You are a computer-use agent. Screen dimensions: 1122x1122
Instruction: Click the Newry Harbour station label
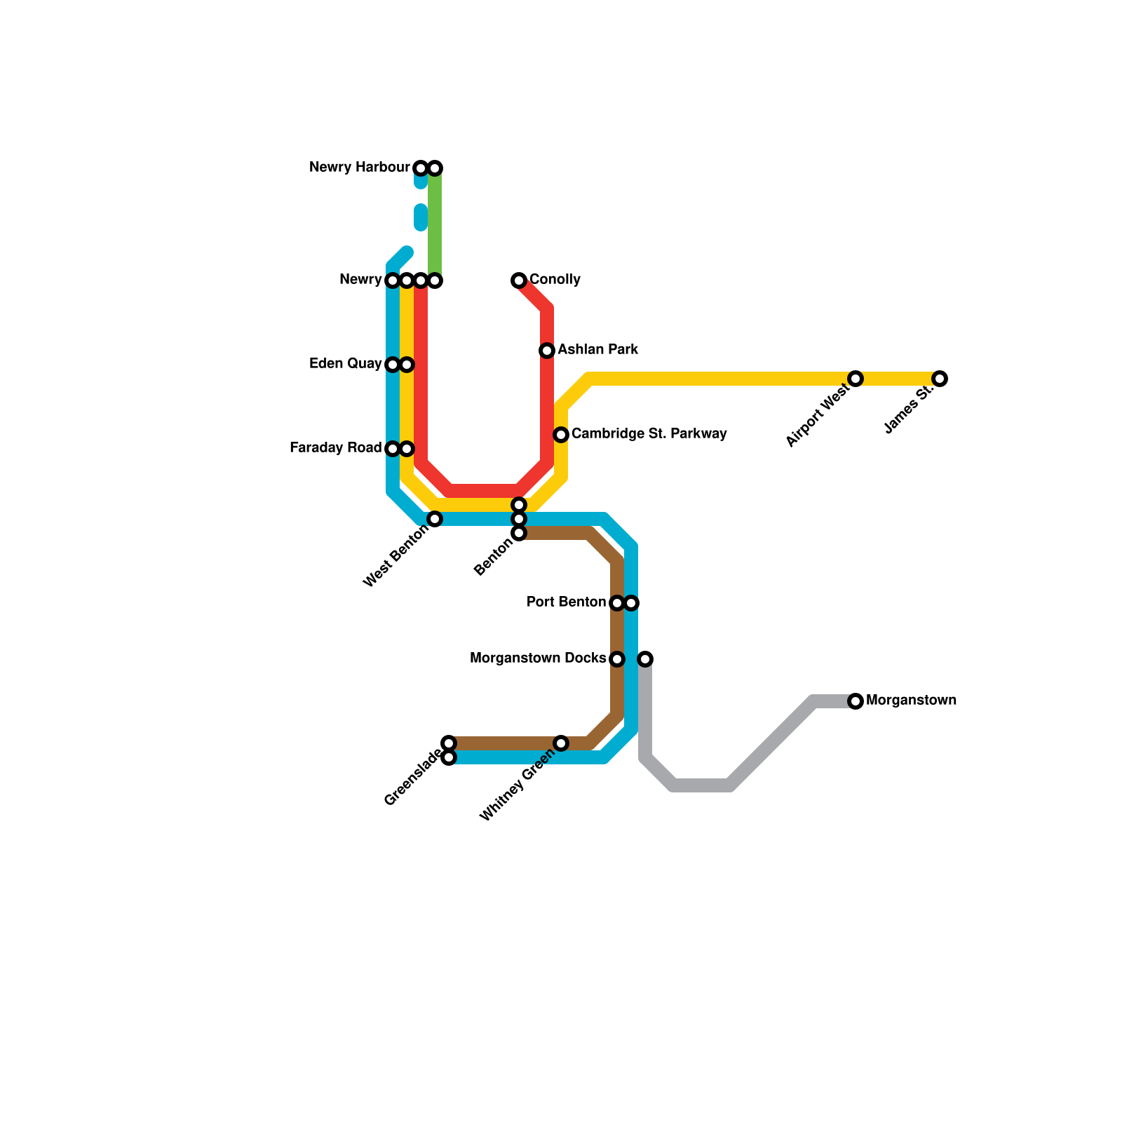(359, 168)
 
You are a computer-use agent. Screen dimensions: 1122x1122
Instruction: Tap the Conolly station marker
(519, 280)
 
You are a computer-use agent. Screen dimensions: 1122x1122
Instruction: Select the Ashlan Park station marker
(547, 351)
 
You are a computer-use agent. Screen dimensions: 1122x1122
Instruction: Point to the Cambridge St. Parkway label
(649, 434)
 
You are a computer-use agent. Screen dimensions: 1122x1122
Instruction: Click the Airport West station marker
(856, 379)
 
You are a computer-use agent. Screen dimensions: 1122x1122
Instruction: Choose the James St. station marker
(940, 379)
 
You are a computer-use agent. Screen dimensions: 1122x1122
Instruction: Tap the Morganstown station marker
(856, 701)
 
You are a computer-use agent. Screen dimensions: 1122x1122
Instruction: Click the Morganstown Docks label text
(538, 658)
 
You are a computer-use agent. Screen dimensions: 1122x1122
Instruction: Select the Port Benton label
(566, 602)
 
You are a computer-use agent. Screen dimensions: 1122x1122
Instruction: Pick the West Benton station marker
(435, 519)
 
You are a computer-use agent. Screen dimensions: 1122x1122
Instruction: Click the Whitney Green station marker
(561, 743)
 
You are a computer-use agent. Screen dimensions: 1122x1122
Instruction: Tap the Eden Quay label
(345, 364)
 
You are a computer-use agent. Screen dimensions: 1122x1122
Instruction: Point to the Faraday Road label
(335, 448)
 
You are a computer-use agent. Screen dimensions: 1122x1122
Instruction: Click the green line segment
(435, 224)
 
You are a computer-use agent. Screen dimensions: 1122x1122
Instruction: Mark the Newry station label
(360, 280)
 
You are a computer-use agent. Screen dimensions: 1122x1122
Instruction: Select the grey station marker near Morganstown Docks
(646, 659)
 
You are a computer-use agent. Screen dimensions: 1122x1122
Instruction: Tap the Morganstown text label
(911, 701)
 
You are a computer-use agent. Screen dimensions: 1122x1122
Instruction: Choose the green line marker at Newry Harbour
(435, 168)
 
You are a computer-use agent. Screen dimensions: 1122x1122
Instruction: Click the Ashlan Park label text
(597, 350)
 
